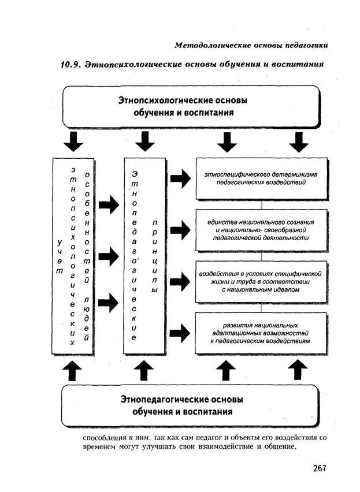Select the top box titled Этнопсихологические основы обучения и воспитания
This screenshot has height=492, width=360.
click(190, 107)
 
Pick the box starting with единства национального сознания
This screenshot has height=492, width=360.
click(261, 229)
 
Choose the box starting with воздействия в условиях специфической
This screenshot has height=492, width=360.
click(261, 281)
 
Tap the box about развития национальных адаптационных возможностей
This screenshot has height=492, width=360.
click(261, 333)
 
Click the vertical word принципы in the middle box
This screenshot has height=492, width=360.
click(154, 255)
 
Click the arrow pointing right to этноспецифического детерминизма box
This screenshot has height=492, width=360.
click(180, 179)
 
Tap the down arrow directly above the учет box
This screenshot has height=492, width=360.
click(73, 141)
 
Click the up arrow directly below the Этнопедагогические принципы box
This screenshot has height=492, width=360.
click(144, 371)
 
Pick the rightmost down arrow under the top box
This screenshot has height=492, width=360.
click(298, 141)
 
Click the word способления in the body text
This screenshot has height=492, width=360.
click(104, 437)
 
